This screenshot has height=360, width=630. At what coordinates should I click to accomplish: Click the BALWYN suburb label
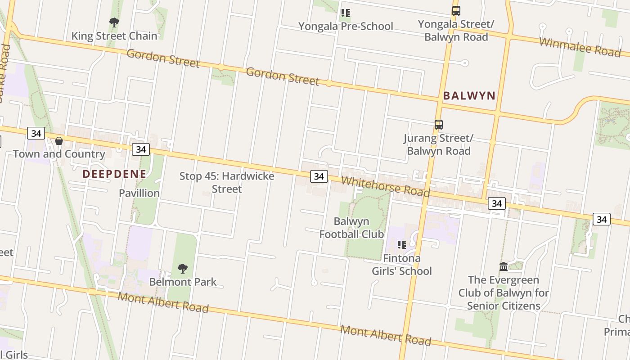point(469,95)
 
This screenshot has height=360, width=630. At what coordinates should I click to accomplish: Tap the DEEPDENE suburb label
point(114,174)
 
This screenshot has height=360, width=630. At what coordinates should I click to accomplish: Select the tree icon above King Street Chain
point(114,22)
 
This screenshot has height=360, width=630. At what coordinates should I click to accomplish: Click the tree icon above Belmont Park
point(182,269)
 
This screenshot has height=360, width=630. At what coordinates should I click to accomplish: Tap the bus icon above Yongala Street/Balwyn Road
point(456,11)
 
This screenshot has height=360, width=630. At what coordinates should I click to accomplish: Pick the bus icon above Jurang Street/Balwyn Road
point(438,125)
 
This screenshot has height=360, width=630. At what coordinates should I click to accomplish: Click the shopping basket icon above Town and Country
point(59,141)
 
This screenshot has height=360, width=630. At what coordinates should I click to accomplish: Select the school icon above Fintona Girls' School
point(401,245)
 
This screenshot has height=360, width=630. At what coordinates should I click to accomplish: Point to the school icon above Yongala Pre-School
point(345,13)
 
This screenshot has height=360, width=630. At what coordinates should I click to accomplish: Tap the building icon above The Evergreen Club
point(504,267)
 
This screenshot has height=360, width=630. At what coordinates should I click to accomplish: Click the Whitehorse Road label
point(385,186)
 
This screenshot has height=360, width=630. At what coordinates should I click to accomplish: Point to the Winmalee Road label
point(580,47)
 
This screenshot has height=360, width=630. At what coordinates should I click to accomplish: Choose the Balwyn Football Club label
point(351,228)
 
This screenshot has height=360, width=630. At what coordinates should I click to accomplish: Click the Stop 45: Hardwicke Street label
point(227,182)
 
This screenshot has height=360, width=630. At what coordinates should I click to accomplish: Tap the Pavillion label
point(139,193)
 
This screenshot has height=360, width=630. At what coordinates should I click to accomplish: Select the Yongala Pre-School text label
point(346,26)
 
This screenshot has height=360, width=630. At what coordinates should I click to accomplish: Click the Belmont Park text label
point(183,282)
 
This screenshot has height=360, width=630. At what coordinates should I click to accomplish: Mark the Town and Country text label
point(59,154)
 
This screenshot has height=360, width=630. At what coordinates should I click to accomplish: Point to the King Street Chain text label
point(114,36)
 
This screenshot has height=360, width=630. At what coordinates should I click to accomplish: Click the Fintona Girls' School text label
point(401,265)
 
